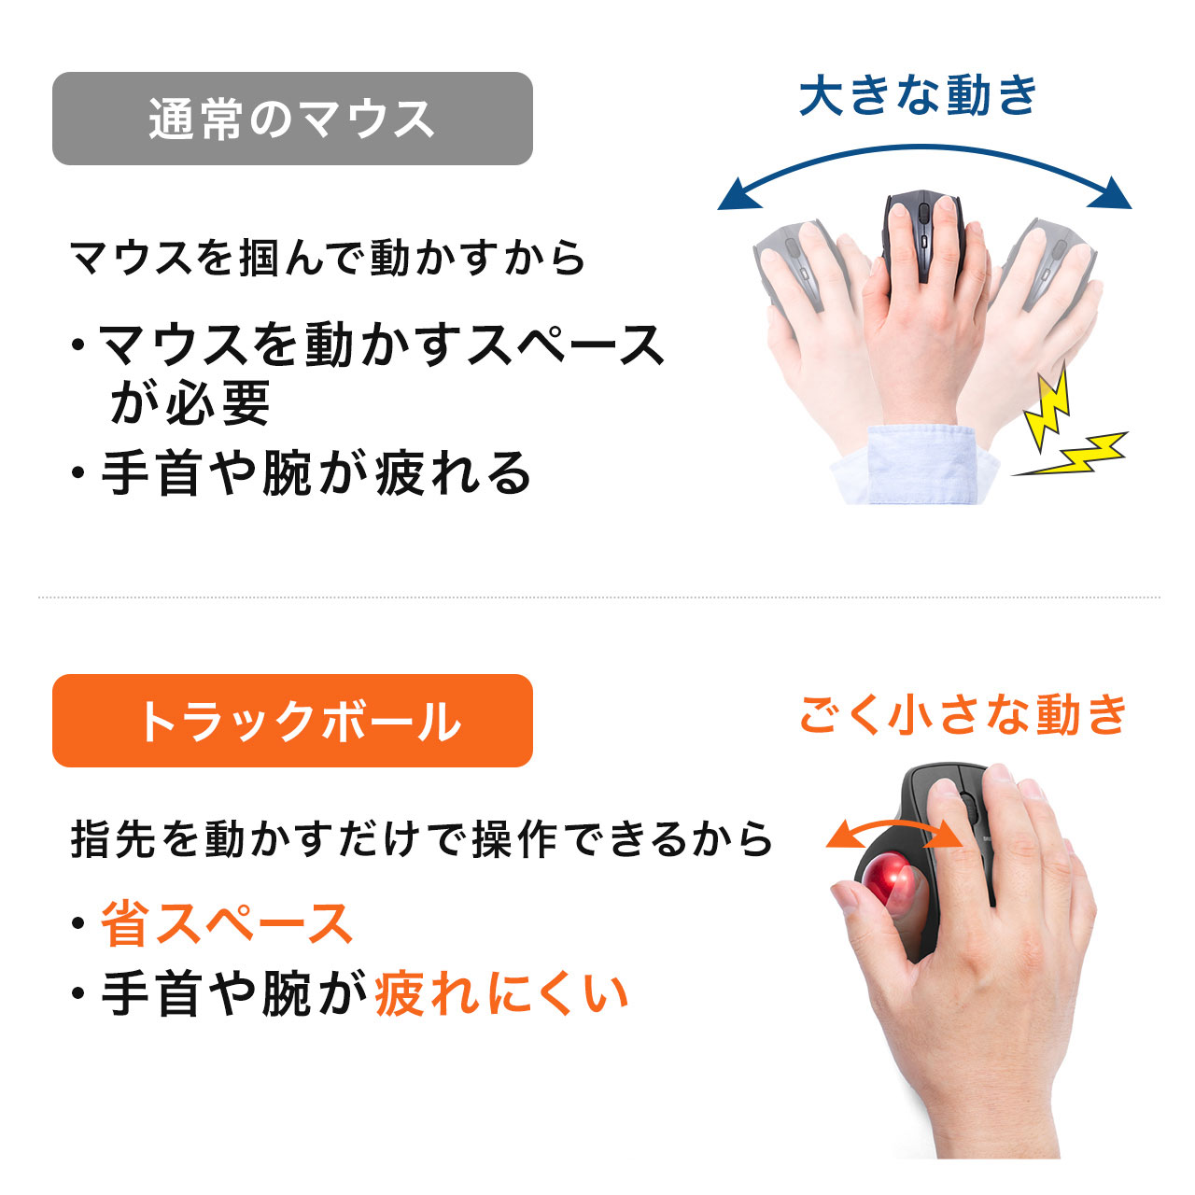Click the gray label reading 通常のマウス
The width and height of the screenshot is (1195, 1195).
[x=292, y=119]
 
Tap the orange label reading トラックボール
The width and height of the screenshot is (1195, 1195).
[x=292, y=720]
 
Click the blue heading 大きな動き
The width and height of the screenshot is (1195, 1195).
[x=918, y=95]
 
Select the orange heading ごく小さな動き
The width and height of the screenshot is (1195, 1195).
[x=963, y=714]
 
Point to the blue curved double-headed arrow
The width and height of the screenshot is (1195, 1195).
[x=924, y=147]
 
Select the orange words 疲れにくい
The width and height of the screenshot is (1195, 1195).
[x=501, y=993]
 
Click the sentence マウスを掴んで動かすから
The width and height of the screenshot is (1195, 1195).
[x=328, y=258]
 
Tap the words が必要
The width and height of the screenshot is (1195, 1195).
[x=190, y=403]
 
